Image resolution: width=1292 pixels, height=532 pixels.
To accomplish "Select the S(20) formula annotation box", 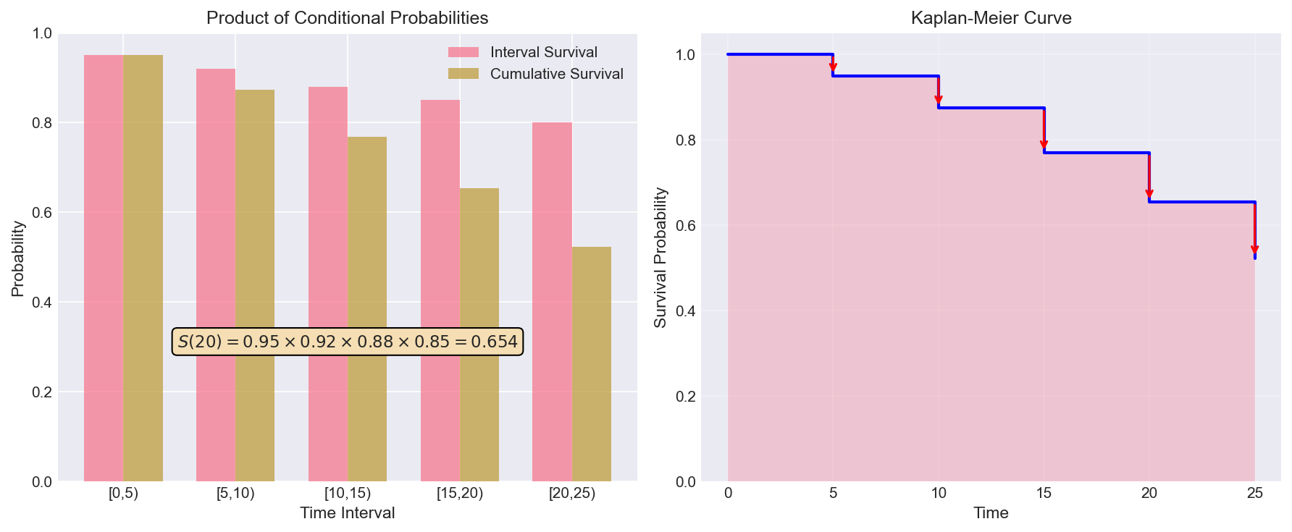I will pos(348,342).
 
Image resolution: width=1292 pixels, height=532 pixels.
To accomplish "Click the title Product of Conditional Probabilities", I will pos(347,18).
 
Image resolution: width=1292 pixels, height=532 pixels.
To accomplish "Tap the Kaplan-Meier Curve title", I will pos(991,18).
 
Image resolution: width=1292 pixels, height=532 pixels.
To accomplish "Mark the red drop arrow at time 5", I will pos(833,65).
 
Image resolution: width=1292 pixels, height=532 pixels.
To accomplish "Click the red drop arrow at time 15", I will pos(1044,130).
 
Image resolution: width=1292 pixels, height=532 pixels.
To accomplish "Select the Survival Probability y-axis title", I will pos(660,258).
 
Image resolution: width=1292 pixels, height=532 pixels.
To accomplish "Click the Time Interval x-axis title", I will pos(347,513).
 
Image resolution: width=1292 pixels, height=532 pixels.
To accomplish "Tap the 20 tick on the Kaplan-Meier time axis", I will pos(1149,494).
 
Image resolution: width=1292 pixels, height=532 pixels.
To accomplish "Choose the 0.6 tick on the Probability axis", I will pos(42,213).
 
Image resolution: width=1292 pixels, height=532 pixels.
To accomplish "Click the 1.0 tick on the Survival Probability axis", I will pos(685,55).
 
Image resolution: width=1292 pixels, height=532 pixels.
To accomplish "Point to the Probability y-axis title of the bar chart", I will pos(18,258).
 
